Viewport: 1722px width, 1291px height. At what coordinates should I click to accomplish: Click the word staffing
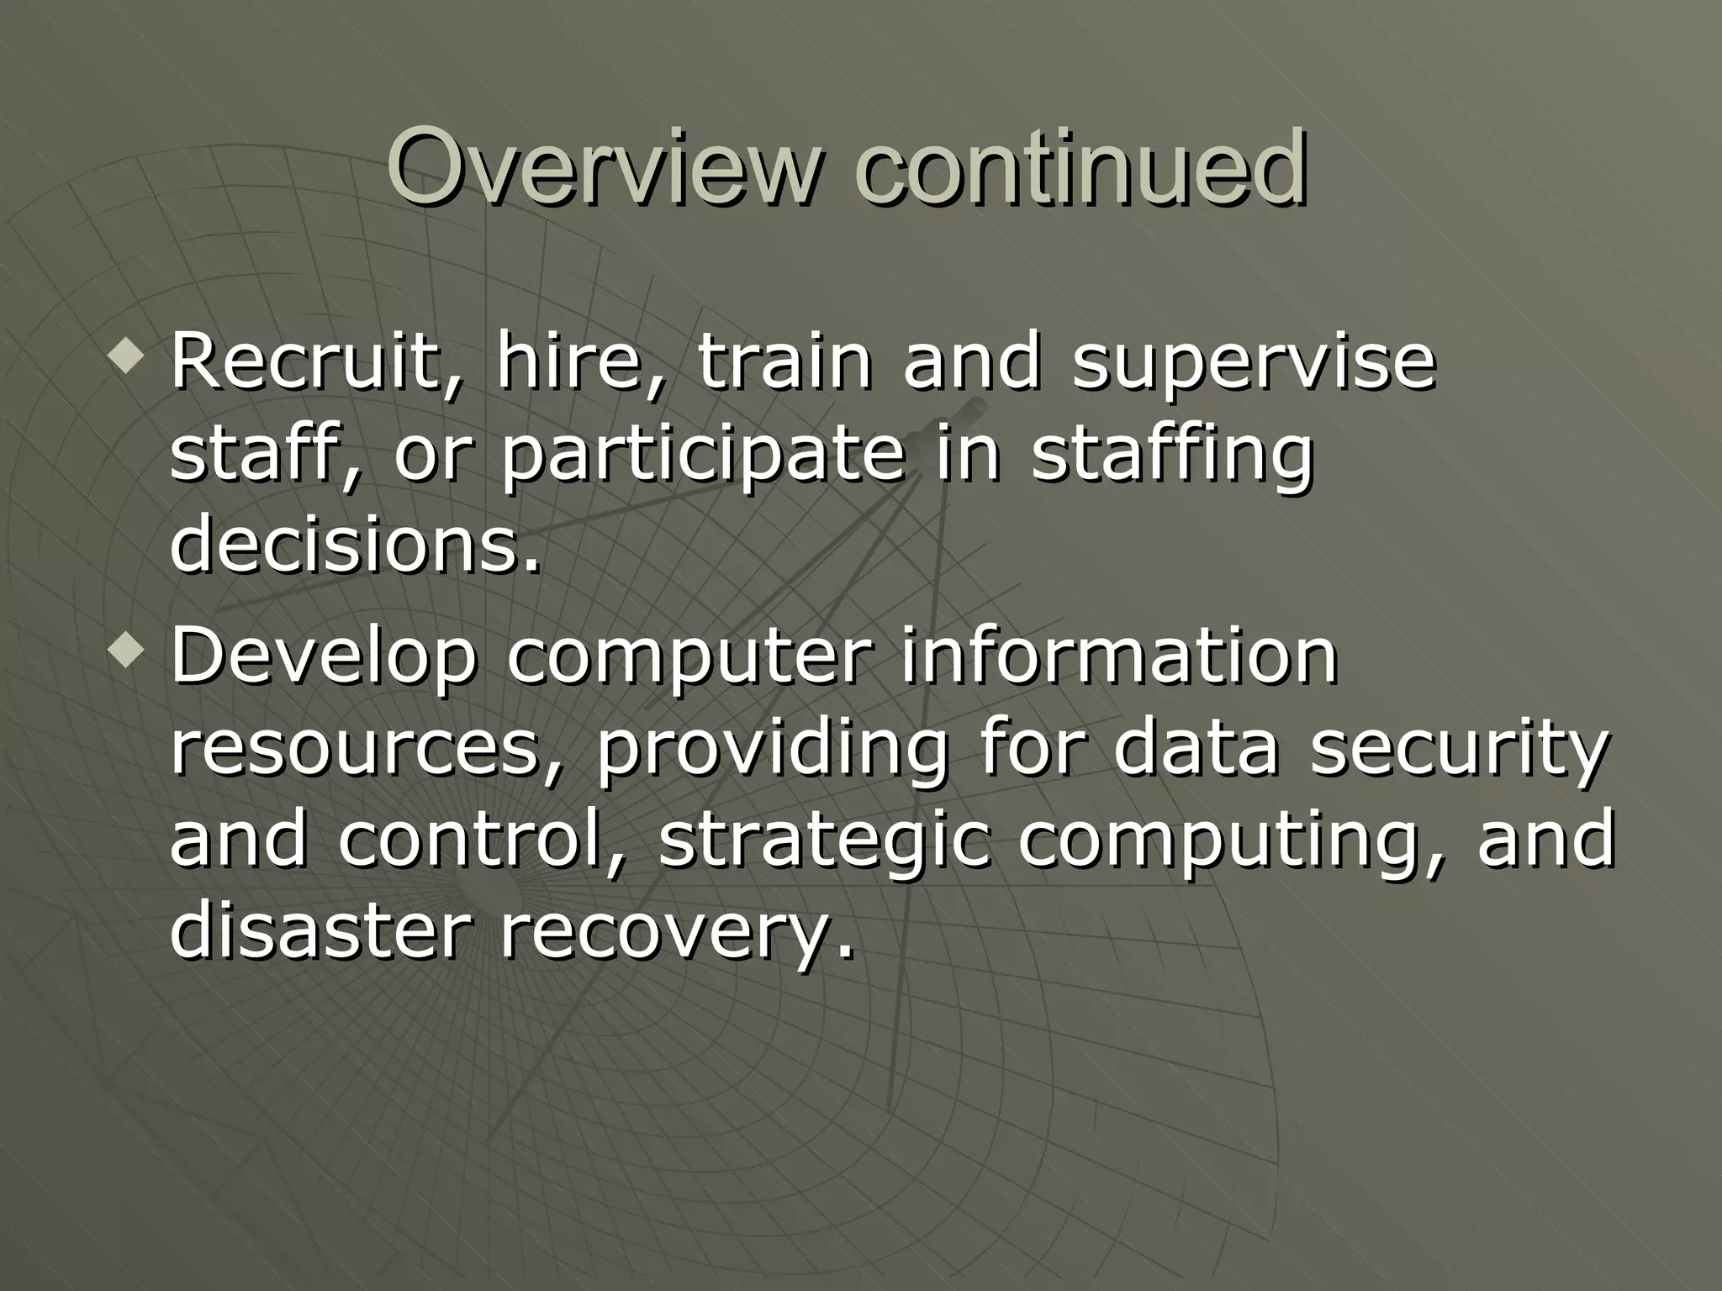click(x=1172, y=458)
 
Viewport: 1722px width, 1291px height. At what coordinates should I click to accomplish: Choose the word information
click(x=1119, y=656)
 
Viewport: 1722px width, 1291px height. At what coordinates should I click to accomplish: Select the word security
click(x=1459, y=751)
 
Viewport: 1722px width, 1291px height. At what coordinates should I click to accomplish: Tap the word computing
click(x=1228, y=843)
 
